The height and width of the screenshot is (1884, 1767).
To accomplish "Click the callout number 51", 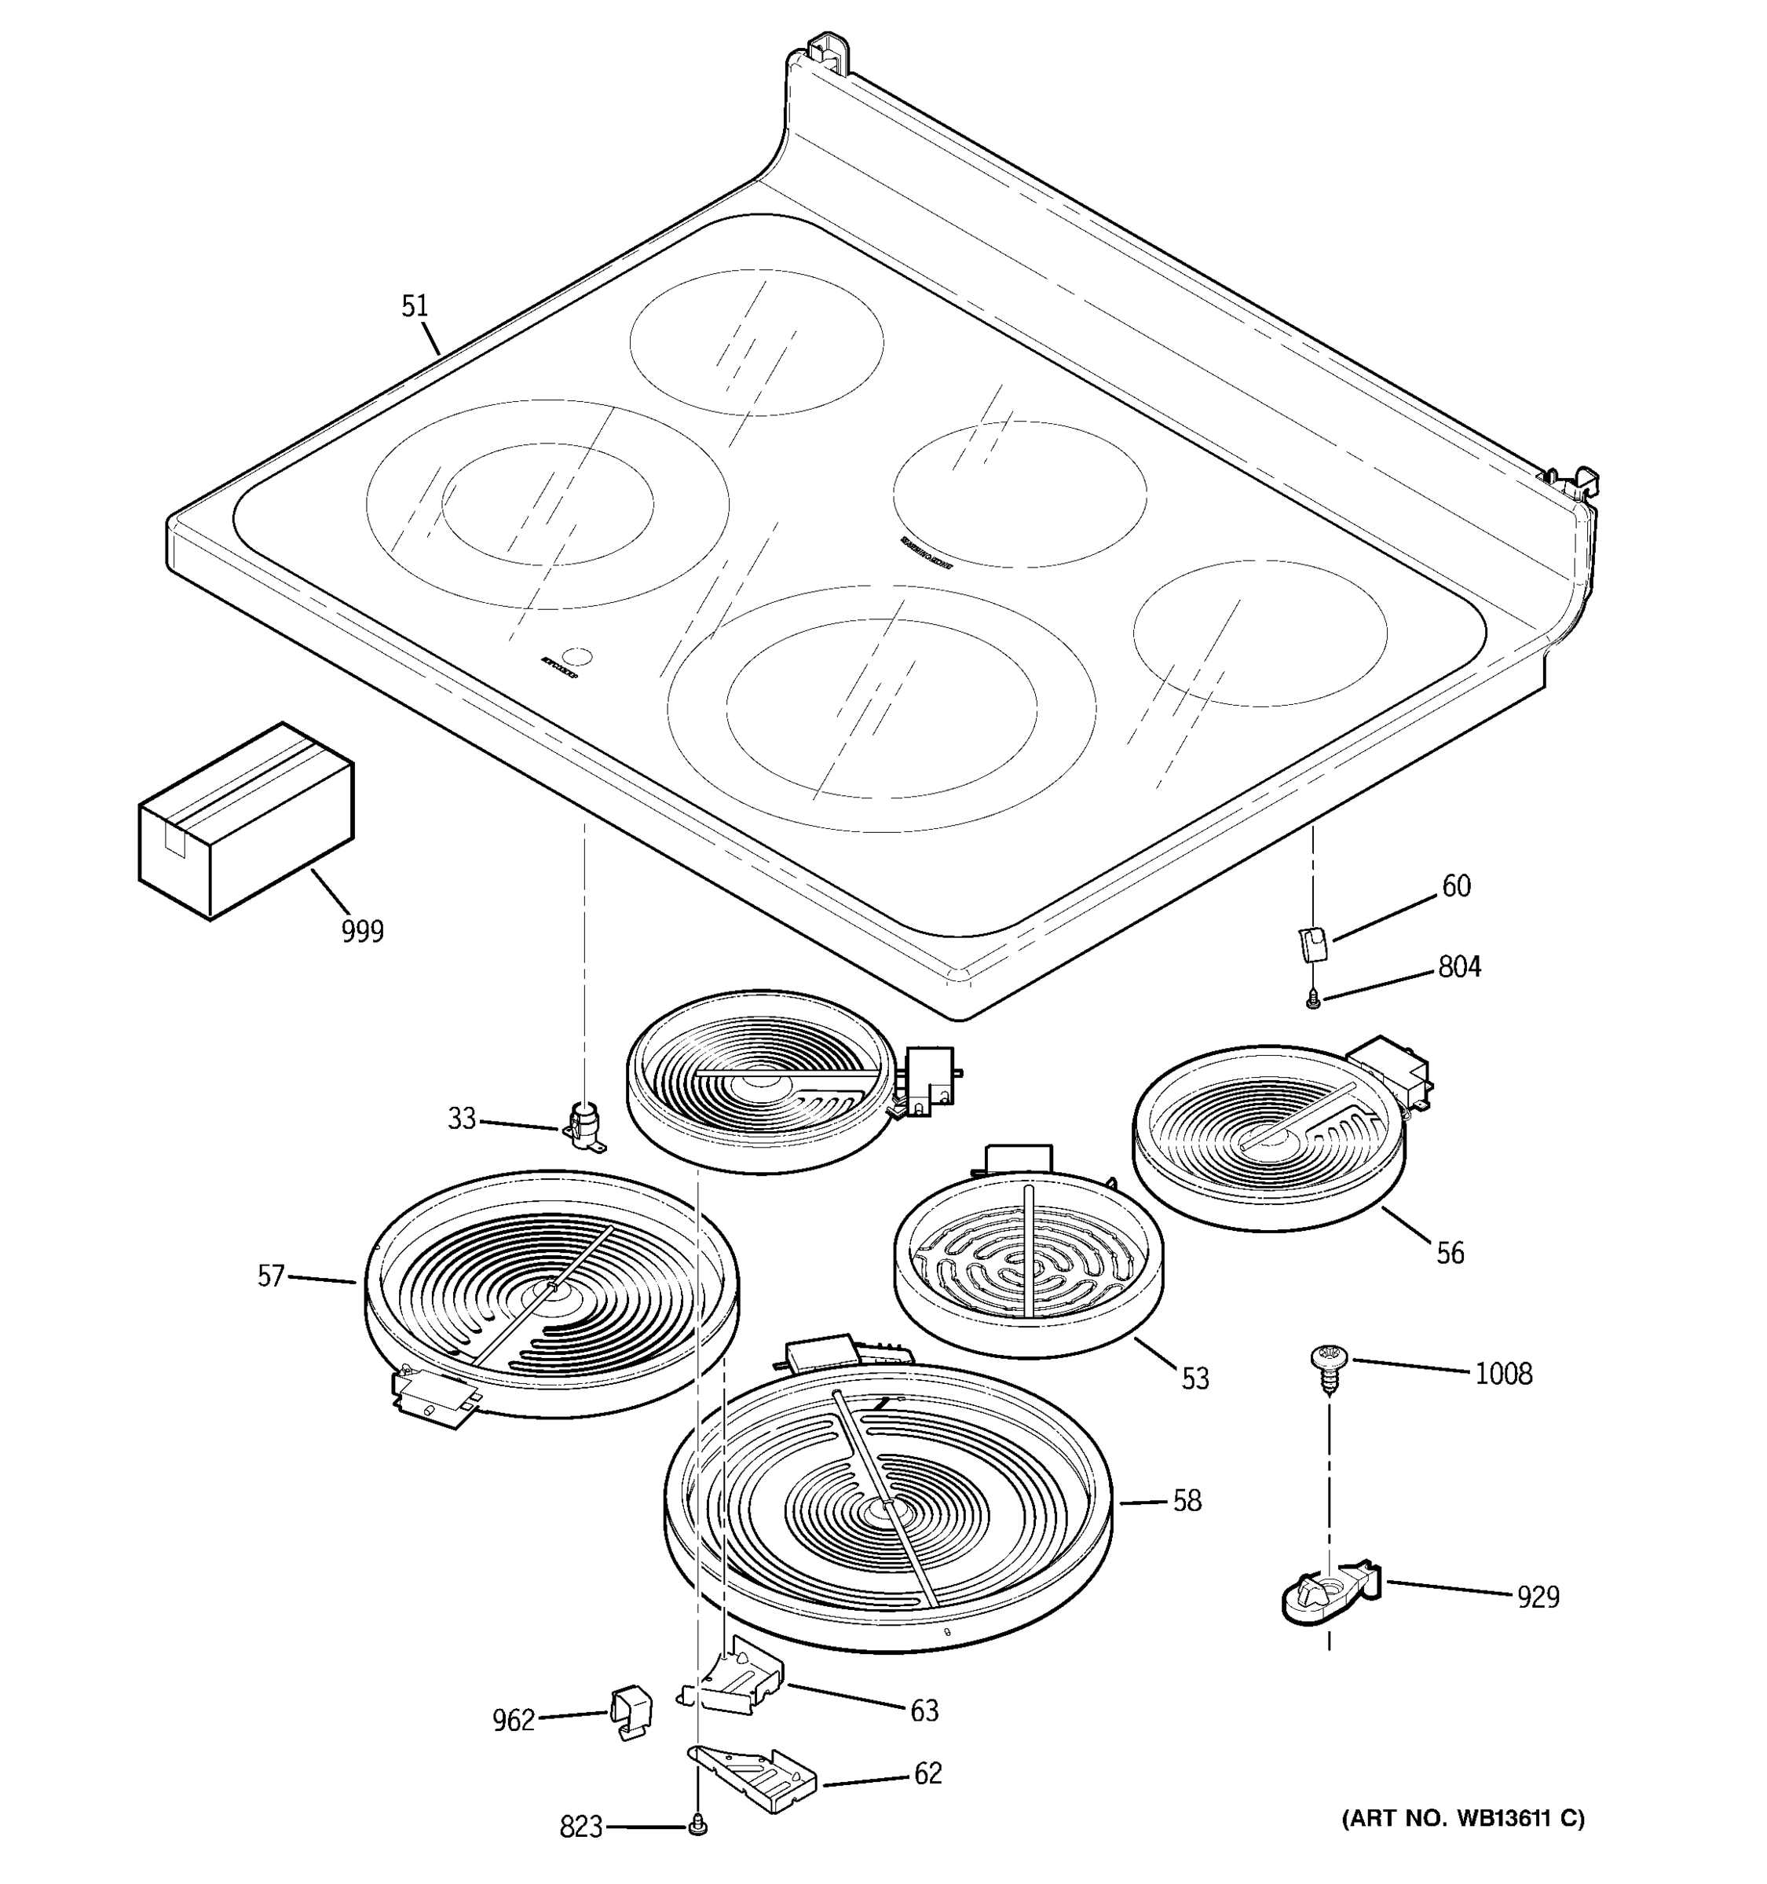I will point(414,306).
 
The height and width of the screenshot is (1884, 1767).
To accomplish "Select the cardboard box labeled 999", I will point(247,820).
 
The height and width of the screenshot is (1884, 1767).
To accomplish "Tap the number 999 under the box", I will point(362,932).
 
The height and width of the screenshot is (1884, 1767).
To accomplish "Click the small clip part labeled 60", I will point(1312,943).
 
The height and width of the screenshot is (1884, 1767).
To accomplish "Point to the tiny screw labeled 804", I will point(1313,998).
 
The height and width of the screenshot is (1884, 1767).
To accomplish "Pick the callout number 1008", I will point(1503,1373).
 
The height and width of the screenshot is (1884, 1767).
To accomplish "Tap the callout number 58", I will point(1187,1500).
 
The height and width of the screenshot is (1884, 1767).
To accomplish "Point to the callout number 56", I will point(1450,1253).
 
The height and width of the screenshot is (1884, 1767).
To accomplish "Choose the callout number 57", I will point(271,1276).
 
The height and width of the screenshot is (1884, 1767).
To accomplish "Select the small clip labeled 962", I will point(630,1711).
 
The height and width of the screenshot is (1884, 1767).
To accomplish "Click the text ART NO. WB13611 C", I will point(1462,1817).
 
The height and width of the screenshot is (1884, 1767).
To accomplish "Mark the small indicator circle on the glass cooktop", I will point(577,655).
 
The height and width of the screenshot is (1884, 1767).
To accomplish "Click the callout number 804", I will point(1459,966).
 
